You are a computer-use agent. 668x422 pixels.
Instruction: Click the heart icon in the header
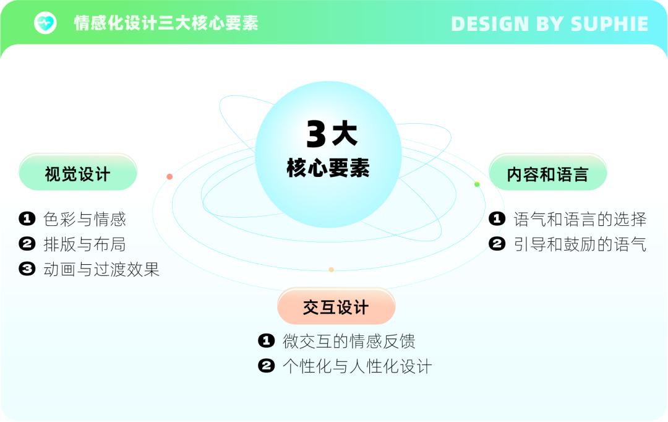click(45, 23)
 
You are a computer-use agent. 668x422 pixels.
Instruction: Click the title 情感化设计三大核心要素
click(166, 23)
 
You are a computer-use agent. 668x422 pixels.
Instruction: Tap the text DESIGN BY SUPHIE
click(550, 24)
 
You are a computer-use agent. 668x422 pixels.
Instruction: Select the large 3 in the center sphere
click(316, 134)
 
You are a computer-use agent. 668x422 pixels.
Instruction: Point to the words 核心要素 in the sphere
click(328, 168)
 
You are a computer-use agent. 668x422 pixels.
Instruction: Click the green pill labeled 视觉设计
click(78, 172)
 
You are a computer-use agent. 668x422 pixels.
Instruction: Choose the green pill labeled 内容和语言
click(548, 172)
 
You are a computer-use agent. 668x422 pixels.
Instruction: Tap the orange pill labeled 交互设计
click(336, 306)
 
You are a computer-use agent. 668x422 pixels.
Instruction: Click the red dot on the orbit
click(169, 176)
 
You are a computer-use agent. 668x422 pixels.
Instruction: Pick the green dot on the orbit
click(477, 184)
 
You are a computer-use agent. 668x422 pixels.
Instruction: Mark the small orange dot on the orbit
click(331, 269)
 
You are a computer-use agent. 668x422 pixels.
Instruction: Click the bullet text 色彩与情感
click(85, 219)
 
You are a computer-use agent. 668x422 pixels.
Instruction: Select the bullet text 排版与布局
click(85, 244)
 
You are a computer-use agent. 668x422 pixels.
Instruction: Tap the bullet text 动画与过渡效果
click(101, 269)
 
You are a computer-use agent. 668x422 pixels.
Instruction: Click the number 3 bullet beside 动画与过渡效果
click(27, 269)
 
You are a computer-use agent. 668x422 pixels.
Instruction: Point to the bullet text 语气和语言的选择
click(580, 219)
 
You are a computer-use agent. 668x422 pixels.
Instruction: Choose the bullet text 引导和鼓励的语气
click(580, 244)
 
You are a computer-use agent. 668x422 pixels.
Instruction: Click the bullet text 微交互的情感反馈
click(349, 341)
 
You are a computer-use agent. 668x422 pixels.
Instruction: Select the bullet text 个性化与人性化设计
click(358, 366)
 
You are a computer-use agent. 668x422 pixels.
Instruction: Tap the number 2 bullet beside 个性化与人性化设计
click(267, 366)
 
